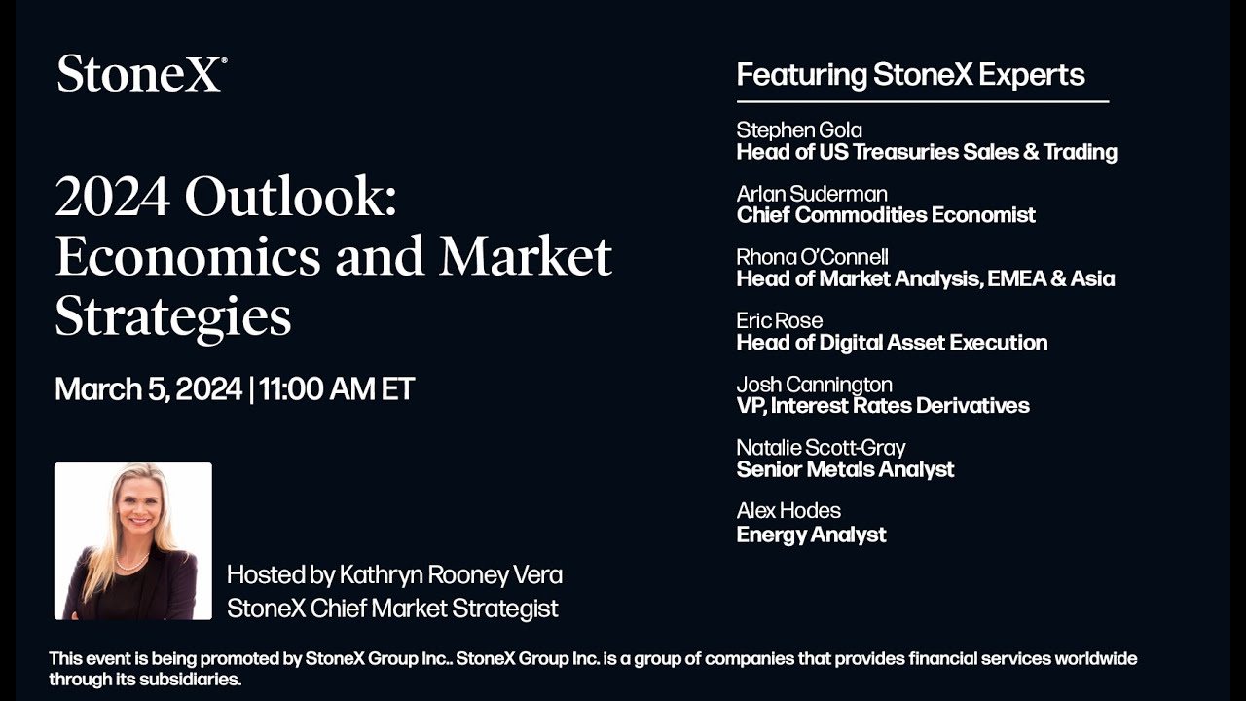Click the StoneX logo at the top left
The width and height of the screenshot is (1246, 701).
141,74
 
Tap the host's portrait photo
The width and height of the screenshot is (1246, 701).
133,541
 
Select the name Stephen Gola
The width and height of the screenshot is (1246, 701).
799,130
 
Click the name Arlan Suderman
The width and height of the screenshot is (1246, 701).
812,194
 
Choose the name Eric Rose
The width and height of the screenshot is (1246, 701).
779,320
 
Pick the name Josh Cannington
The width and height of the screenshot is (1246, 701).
814,385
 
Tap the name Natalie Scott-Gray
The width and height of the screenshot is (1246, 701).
821,448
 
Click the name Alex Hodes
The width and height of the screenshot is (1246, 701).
788,511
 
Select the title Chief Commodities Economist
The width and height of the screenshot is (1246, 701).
886,215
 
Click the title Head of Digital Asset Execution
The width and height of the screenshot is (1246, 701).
892,343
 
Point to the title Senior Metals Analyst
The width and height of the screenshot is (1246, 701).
845,470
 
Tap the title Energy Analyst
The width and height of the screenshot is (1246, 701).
811,535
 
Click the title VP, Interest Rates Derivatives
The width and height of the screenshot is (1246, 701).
883,406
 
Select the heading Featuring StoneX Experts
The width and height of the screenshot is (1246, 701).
910,75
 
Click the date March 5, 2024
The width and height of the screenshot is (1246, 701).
148,389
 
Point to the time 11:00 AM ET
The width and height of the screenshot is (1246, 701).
337,389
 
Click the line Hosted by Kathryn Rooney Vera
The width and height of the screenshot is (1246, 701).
394,575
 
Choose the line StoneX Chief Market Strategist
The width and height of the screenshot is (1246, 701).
392,609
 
